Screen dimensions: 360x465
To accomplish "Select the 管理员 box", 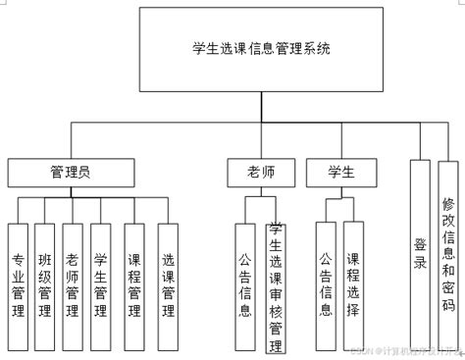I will pos(71,173).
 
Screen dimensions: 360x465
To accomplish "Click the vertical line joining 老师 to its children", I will pos(260,192).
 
